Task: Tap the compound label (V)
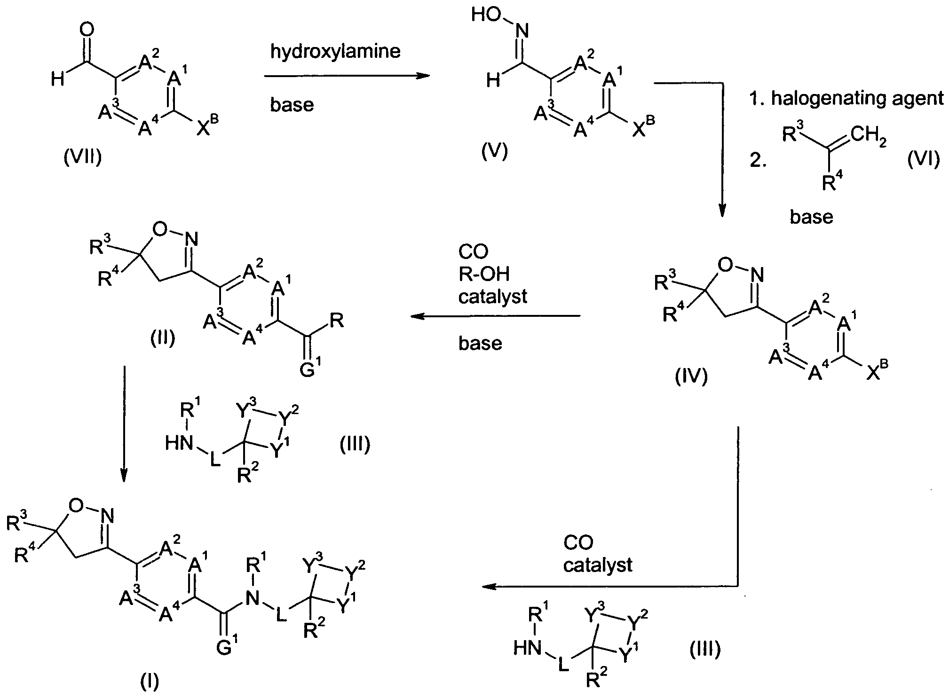(495, 151)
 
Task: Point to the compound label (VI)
(924, 160)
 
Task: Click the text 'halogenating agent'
(857, 99)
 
